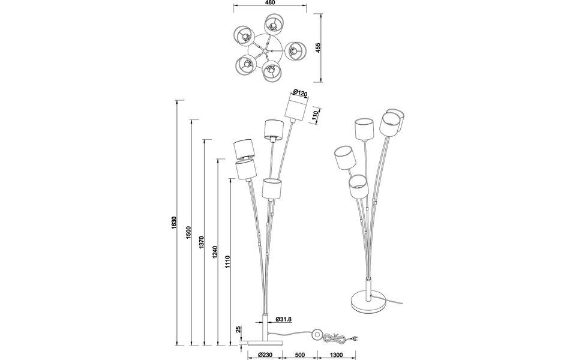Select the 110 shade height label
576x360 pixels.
point(315,116)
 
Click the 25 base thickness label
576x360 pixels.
point(238,329)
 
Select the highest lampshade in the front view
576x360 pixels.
point(295,108)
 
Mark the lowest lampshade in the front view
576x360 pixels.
point(272,188)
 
